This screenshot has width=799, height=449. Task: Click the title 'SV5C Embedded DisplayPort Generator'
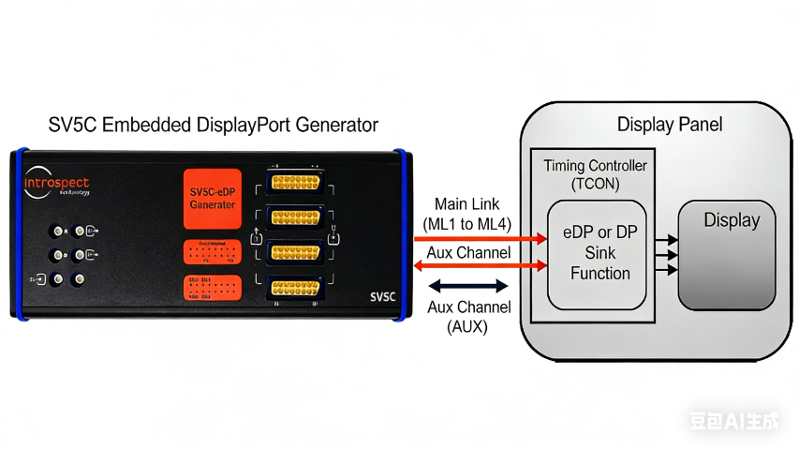(x=214, y=125)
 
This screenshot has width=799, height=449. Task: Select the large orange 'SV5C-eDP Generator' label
(x=213, y=198)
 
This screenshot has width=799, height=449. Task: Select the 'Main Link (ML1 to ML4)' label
(x=467, y=213)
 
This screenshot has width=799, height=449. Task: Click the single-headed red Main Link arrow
(x=481, y=239)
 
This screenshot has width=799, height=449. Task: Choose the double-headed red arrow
(x=481, y=267)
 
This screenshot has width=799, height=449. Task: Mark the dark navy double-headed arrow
(x=468, y=286)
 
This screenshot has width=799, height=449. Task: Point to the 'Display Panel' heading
(x=670, y=124)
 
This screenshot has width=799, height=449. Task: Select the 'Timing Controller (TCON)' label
(x=595, y=174)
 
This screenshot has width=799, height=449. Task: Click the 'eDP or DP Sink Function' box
(x=597, y=254)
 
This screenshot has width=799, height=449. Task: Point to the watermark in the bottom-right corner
(x=733, y=422)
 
